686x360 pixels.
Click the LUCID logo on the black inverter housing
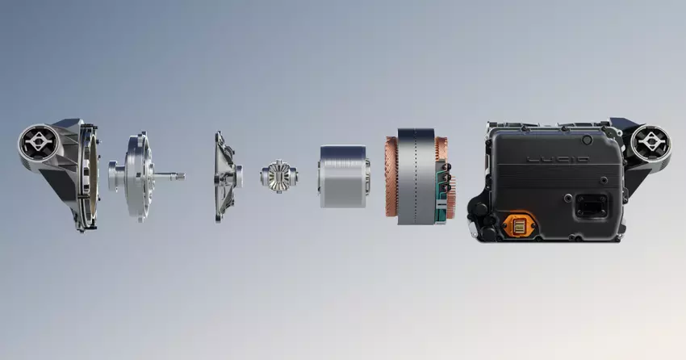click(558, 159)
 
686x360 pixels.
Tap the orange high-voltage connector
click(519, 225)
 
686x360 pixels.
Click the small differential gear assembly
click(279, 176)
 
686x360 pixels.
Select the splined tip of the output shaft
click(179, 177)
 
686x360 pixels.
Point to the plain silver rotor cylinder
click(344, 176)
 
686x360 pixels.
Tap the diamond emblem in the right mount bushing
click(650, 144)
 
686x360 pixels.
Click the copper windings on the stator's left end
click(391, 176)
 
